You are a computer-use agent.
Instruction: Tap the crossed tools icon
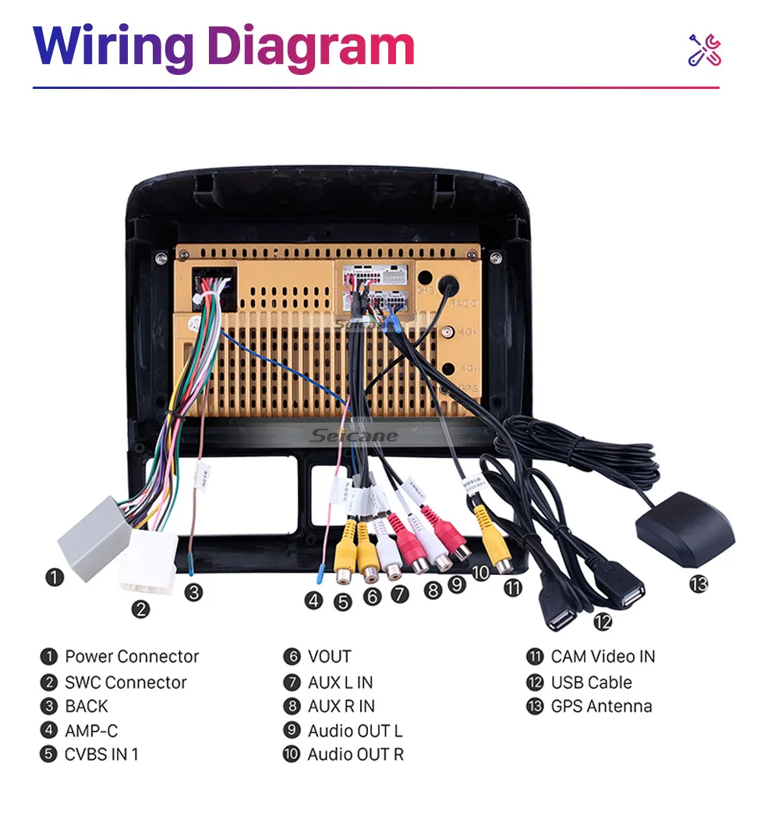point(704,49)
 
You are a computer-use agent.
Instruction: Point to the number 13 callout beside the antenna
point(699,584)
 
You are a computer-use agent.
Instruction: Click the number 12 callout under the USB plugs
point(603,622)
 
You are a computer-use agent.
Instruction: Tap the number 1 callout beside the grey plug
point(54,578)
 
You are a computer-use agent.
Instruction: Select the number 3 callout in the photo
point(193,592)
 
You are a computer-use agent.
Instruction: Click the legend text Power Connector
point(132,657)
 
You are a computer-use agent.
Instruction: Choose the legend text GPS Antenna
point(601,707)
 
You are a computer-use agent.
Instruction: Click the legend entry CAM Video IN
point(603,657)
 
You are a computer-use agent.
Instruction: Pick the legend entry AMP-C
point(91,731)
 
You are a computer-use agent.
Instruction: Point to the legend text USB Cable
point(591,683)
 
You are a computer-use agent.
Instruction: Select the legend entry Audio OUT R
point(355,754)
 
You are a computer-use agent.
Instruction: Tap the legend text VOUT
point(329,657)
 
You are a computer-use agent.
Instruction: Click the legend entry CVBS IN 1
point(101,754)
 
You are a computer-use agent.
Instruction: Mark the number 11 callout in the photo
point(512,587)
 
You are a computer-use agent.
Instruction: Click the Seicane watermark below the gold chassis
point(353,435)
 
